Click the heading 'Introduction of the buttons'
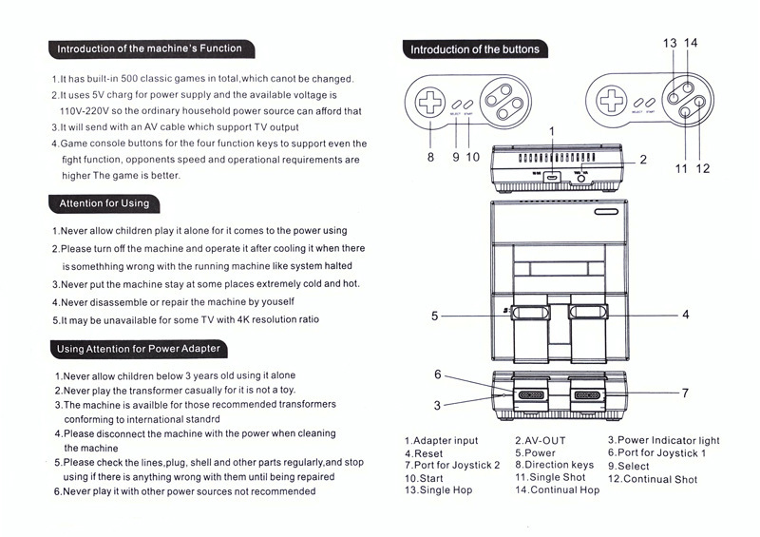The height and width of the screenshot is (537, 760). pos(473,49)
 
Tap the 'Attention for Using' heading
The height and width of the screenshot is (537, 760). pos(104,203)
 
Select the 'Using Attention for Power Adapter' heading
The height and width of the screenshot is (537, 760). pos(138,349)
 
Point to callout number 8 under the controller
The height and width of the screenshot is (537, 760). pos(430,158)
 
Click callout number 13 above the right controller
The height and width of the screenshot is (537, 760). pos(670,43)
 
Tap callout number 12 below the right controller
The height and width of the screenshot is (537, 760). pos(703,168)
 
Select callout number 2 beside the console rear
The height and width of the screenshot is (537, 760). pos(642,160)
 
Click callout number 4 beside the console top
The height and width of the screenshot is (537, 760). pos(684,314)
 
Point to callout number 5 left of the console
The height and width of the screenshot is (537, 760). pos(434,316)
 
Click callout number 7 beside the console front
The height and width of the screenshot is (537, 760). pos(684,393)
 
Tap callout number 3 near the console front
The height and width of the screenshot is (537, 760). pos(437,405)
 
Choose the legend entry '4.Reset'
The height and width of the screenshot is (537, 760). pos(424,454)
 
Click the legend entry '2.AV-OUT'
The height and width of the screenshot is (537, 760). pos(540,441)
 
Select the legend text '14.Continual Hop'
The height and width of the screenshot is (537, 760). pos(558,490)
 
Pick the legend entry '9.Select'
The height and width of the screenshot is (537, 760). pos(629,467)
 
